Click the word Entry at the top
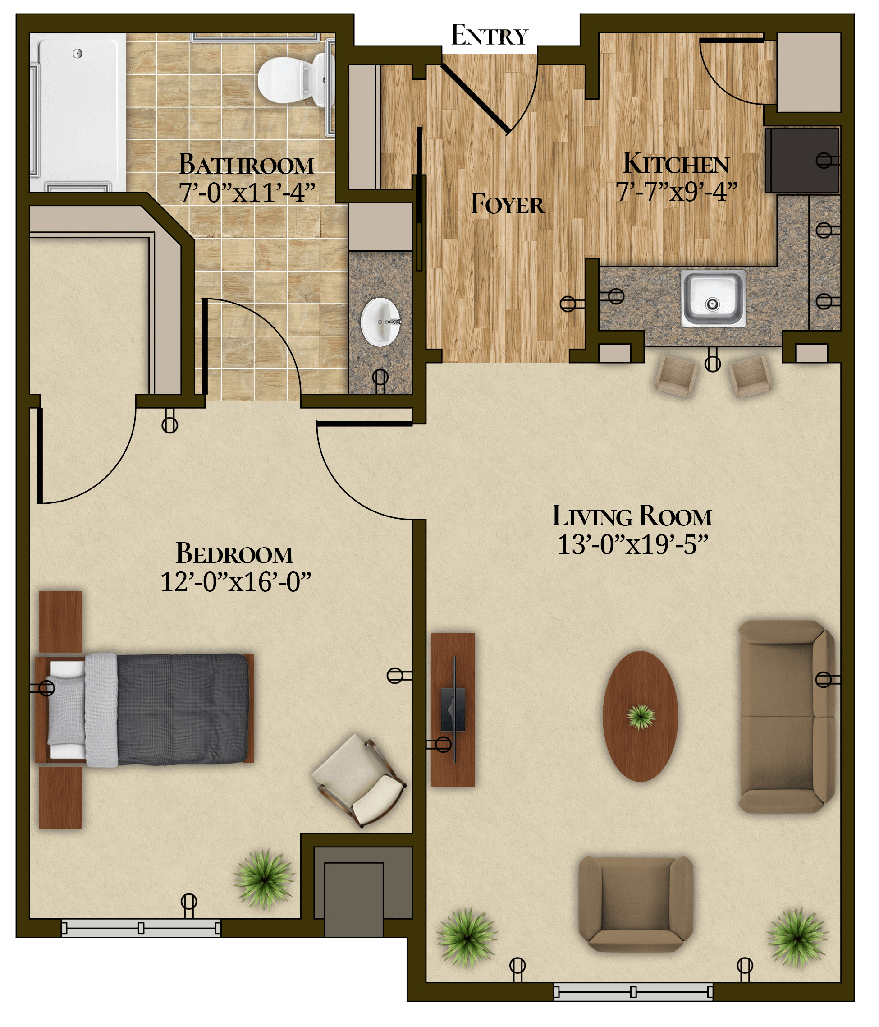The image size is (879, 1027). pyautogui.click(x=489, y=36)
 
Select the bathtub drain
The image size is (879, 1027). pyautogui.click(x=77, y=54)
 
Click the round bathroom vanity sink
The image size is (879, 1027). pyautogui.click(x=380, y=322)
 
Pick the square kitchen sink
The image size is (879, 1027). pyautogui.click(x=713, y=299)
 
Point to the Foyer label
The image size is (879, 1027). pyautogui.click(x=508, y=204)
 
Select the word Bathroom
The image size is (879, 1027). pyautogui.click(x=246, y=165)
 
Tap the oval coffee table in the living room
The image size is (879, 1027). pyautogui.click(x=640, y=716)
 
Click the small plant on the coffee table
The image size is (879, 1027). pyautogui.click(x=641, y=716)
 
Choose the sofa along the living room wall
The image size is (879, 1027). pyautogui.click(x=787, y=717)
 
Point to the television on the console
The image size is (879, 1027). pyautogui.click(x=453, y=709)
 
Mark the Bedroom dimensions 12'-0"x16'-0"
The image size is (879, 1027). pyautogui.click(x=236, y=582)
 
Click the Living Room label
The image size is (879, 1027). pyautogui.click(x=632, y=516)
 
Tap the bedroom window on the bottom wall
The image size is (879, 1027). pyautogui.click(x=141, y=928)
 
